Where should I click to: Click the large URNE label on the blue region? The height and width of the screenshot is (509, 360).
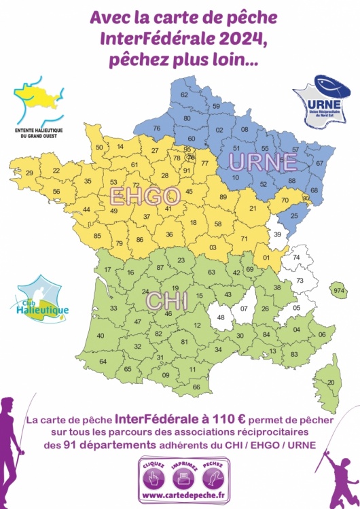point(263,162)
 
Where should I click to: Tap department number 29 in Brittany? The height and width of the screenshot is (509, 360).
point(29,173)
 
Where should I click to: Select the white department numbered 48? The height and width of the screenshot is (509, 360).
point(221,317)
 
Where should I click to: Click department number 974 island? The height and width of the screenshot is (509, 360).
point(339,291)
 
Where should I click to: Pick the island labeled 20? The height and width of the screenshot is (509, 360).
point(331,383)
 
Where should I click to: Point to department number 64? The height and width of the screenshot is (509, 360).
point(103,362)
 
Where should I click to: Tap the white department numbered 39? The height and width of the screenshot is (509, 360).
point(276,234)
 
